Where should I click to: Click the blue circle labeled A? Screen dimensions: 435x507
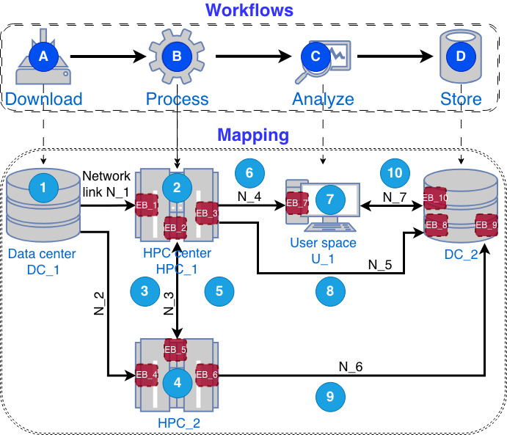click(x=43, y=55)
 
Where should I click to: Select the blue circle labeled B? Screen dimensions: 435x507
click(x=176, y=55)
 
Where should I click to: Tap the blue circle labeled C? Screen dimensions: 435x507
click(x=316, y=55)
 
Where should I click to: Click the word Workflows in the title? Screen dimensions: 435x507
click(x=249, y=11)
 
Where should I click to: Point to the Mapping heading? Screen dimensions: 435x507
click(x=253, y=136)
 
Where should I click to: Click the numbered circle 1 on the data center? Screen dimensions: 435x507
click(x=43, y=188)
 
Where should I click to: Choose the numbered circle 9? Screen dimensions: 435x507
click(x=329, y=397)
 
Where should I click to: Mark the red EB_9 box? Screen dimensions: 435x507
click(x=486, y=224)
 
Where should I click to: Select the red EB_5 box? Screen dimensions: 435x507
click(x=176, y=350)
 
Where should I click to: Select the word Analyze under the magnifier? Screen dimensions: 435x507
click(x=323, y=99)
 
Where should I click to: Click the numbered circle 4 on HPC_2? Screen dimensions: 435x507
click(x=176, y=381)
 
